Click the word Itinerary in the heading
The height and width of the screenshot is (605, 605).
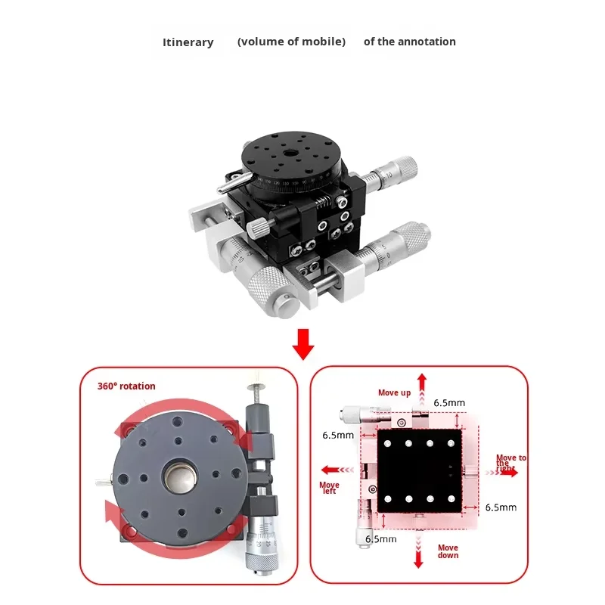(188, 42)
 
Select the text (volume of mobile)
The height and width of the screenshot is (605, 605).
(291, 42)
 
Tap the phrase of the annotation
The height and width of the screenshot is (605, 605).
(409, 42)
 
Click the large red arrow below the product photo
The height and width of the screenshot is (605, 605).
(303, 344)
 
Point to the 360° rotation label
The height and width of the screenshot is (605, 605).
(126, 386)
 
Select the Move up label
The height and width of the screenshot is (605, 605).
(394, 392)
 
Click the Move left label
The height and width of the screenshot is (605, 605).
(329, 488)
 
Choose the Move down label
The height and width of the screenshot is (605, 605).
(448, 551)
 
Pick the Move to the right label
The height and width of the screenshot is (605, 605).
(510, 463)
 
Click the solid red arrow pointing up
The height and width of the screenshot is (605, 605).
(422, 383)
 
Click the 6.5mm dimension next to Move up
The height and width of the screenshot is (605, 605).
(449, 403)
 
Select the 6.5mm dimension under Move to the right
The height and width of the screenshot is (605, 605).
(501, 507)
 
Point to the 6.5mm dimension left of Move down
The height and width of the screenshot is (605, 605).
(381, 539)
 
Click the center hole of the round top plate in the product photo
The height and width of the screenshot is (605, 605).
(291, 154)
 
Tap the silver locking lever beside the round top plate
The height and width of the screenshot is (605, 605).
(229, 183)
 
